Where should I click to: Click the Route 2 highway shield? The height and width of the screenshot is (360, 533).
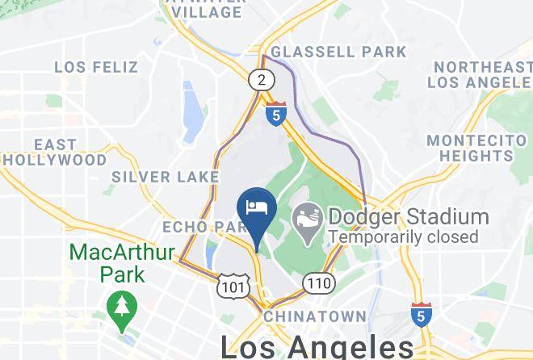coord(259,80)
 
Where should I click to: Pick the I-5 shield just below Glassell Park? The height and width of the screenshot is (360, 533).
coord(277,115)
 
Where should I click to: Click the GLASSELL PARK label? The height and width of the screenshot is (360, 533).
coord(338,52)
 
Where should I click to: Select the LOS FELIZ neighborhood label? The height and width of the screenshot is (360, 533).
coord(96,66)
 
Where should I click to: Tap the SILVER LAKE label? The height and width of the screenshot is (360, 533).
coord(165,176)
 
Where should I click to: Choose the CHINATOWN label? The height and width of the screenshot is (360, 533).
coord(314,316)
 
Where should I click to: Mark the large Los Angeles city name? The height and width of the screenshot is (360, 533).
coord(317,347)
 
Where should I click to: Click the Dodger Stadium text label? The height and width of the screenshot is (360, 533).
coord(408,217)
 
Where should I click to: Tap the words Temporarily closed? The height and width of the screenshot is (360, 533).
coord(403,237)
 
